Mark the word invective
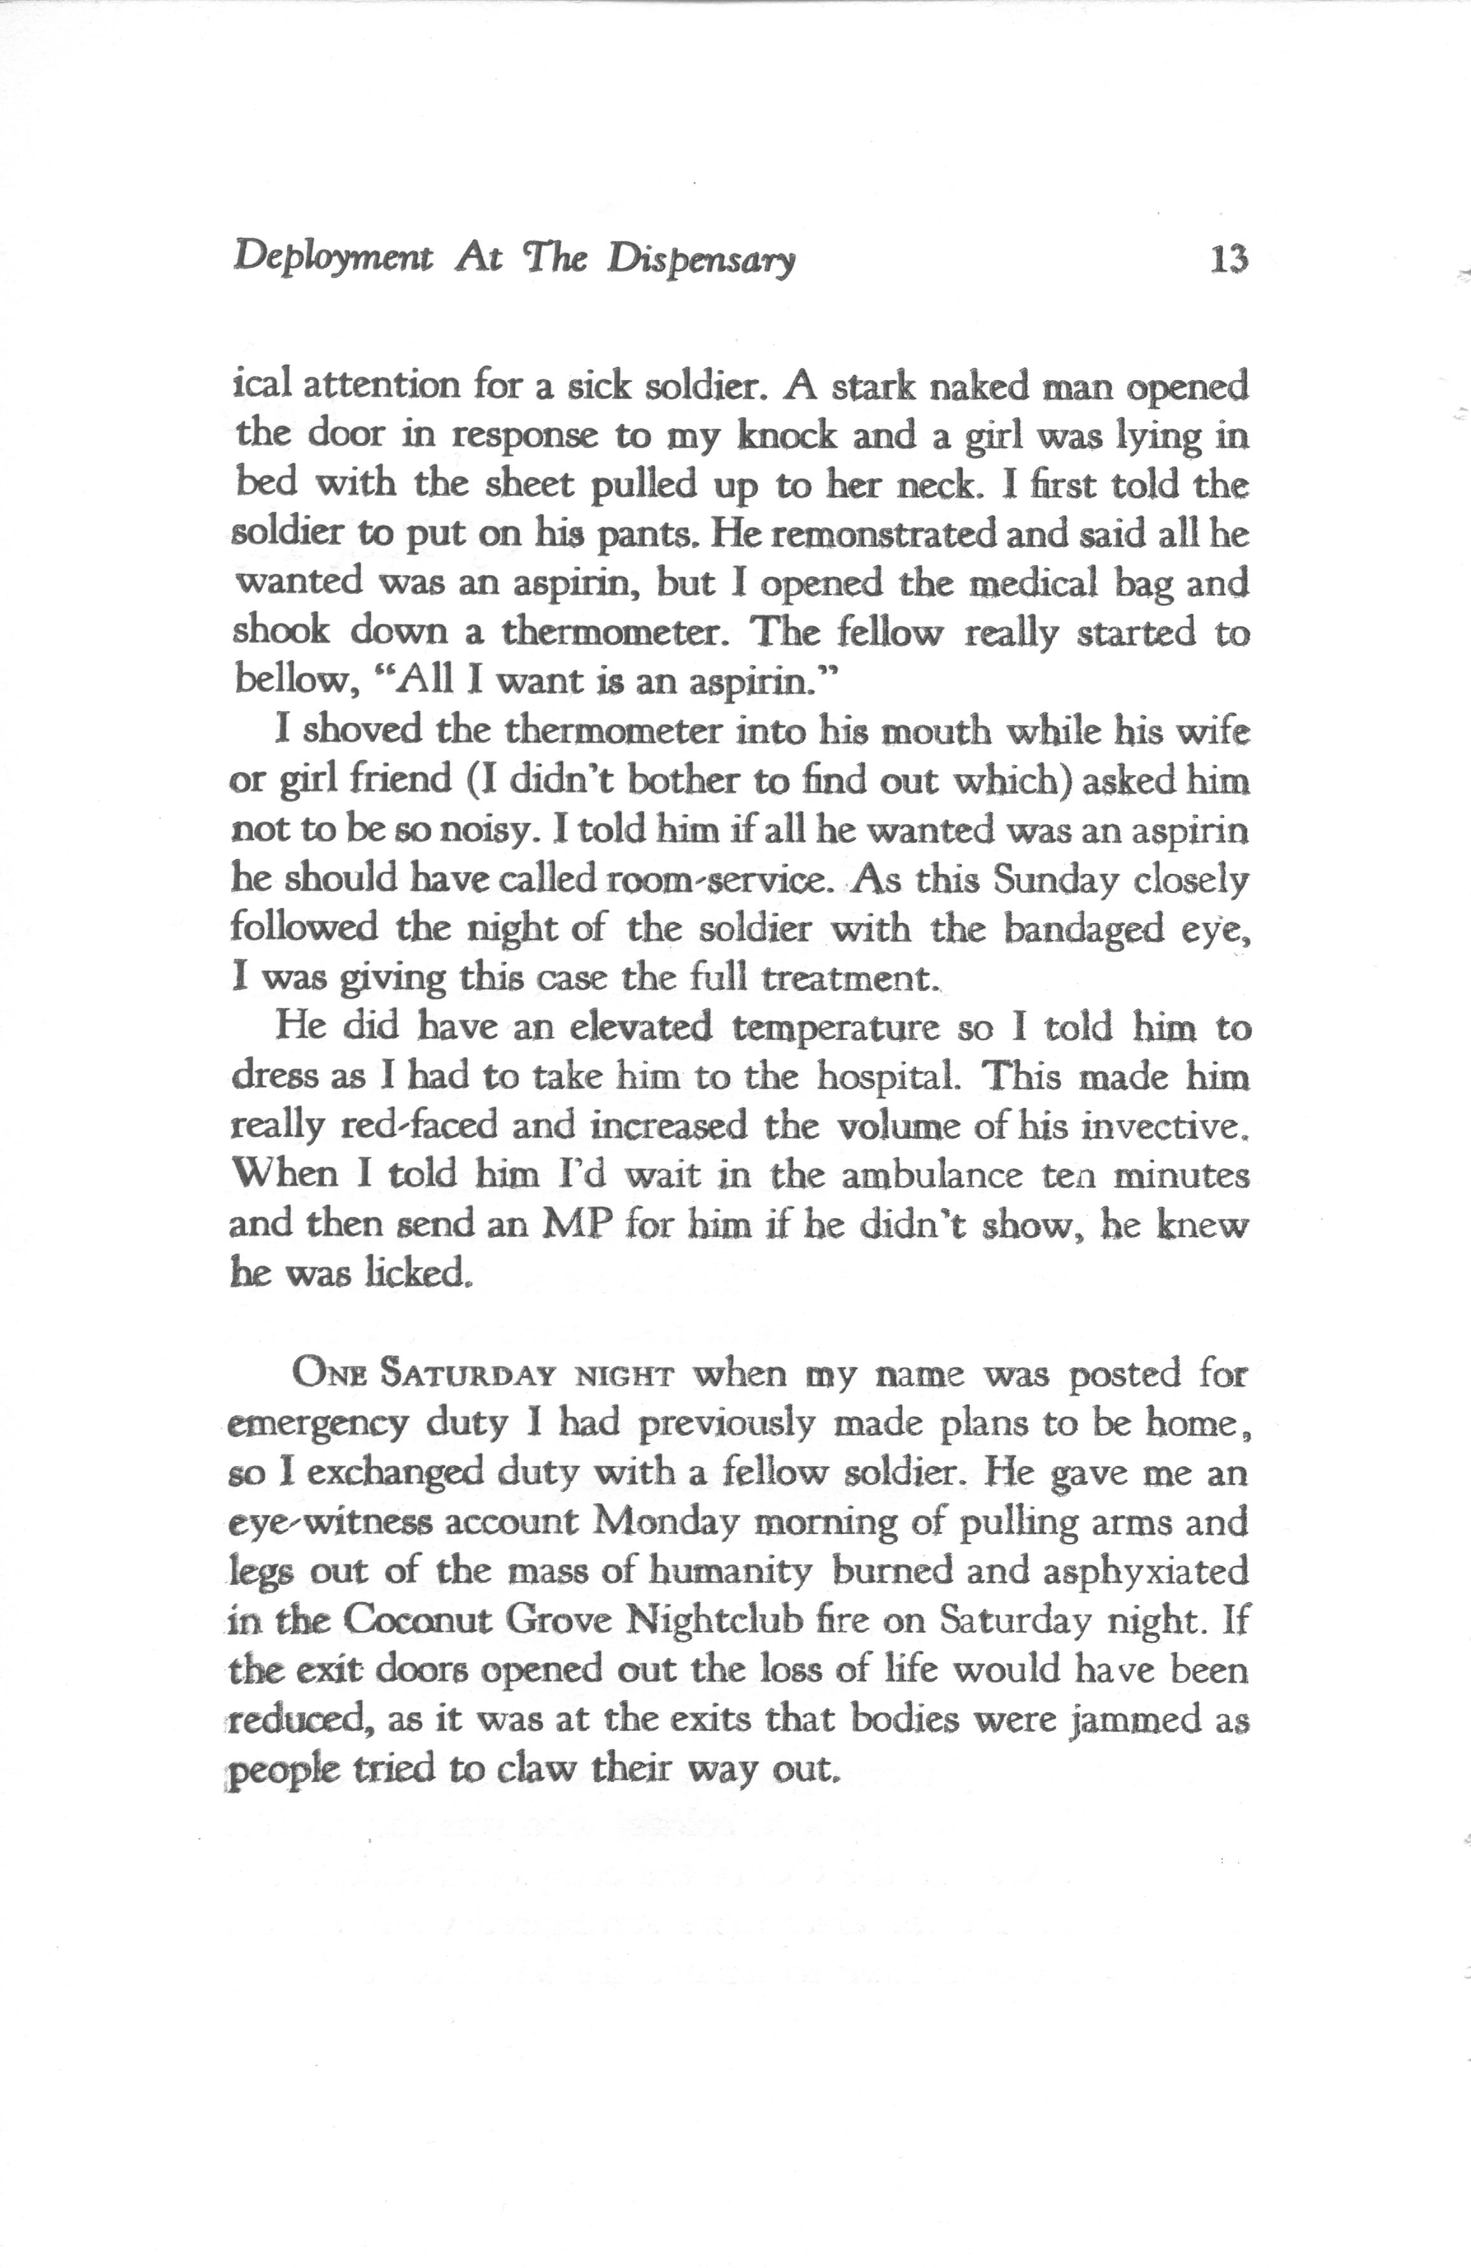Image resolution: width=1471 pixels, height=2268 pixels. [x=1165, y=1127]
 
